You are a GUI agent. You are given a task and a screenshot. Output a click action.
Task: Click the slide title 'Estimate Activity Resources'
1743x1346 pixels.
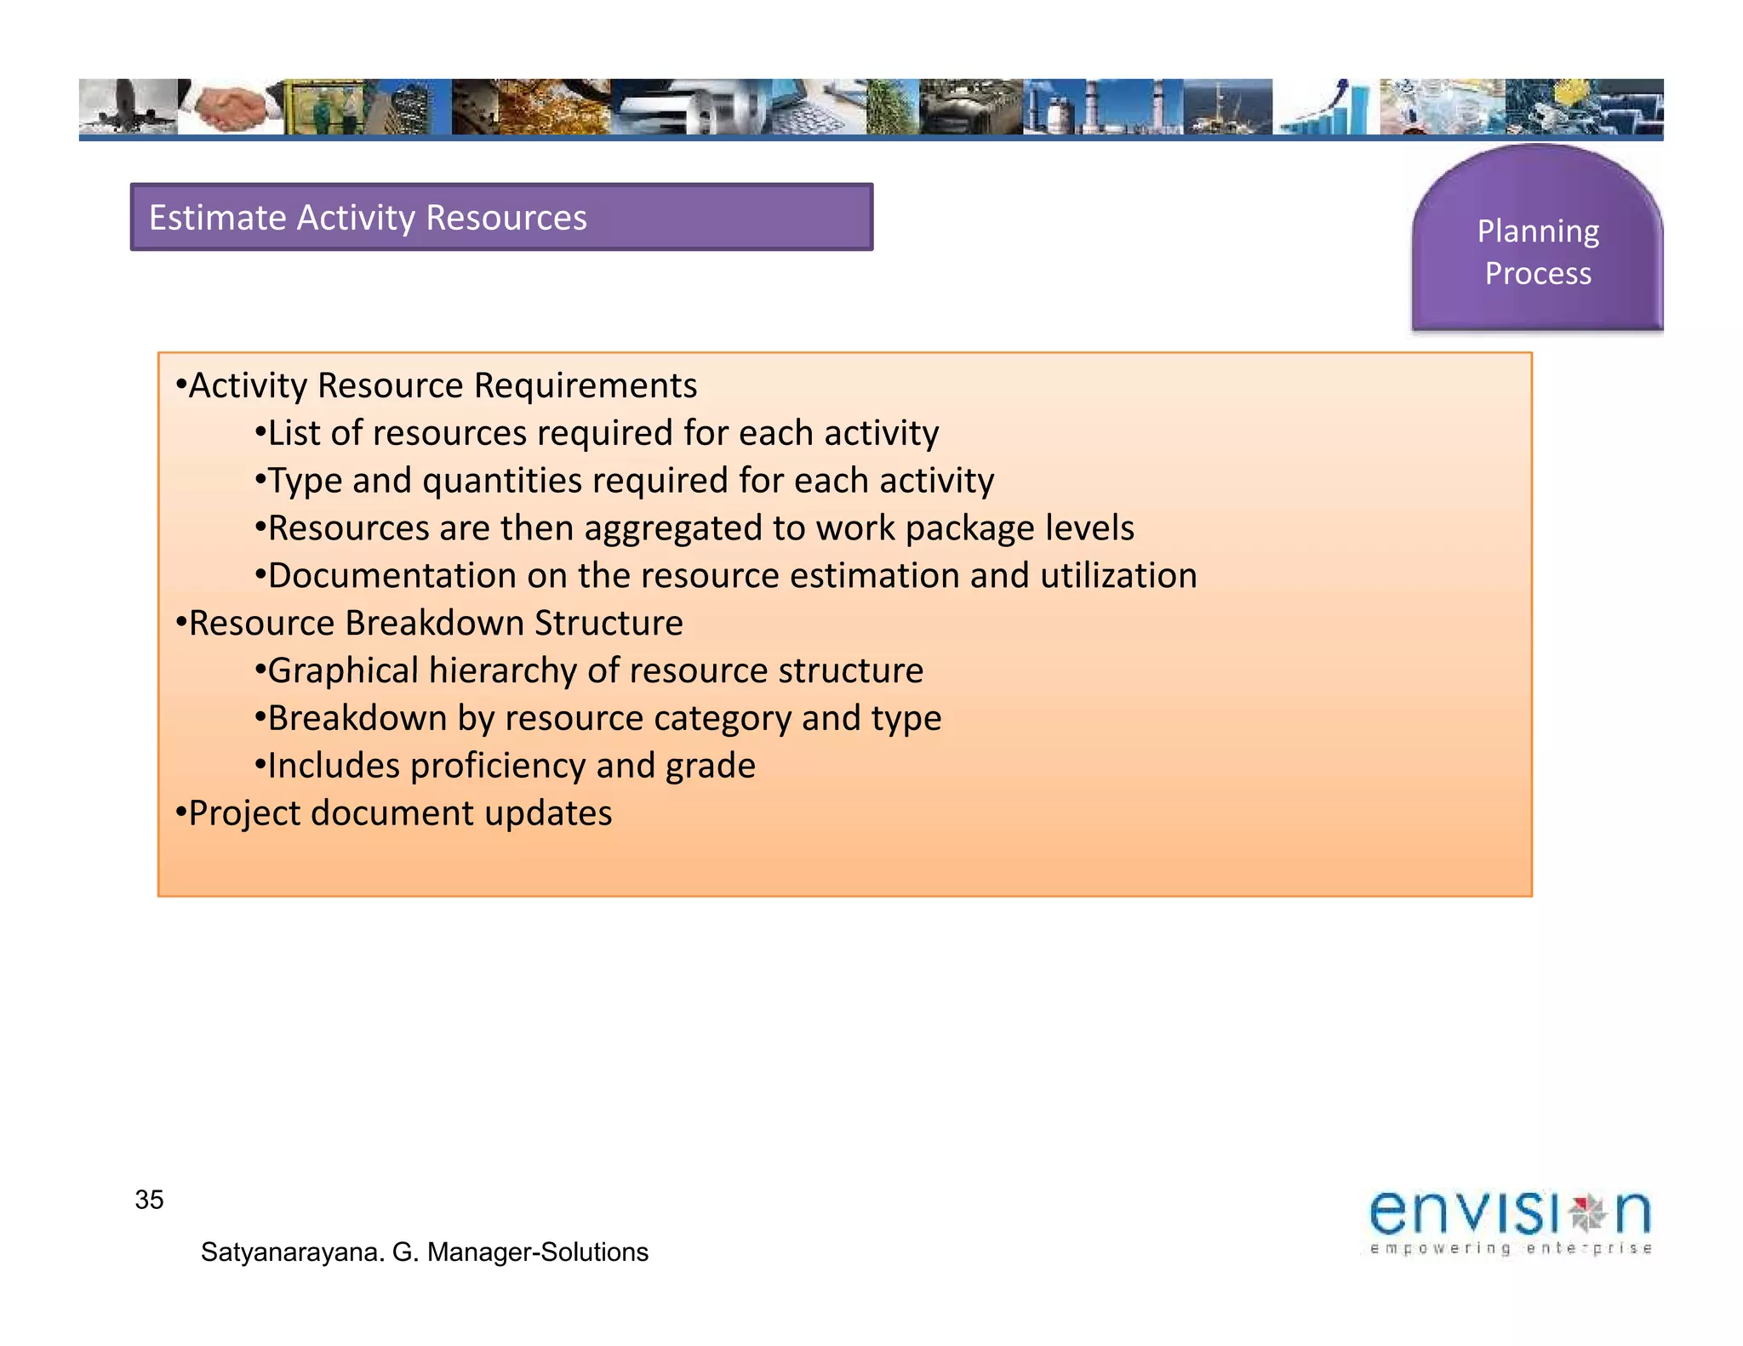pos(368,218)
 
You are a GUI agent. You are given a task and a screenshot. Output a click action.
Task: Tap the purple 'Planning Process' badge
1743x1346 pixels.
pos(1537,251)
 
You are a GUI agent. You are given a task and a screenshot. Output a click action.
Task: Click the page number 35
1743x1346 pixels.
pos(149,1200)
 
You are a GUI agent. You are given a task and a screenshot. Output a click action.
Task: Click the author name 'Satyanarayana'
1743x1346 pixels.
pos(292,1252)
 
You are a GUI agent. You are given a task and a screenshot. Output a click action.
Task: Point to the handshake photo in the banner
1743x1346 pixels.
pos(231,107)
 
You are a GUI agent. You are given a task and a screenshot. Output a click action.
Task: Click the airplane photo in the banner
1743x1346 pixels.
pos(128,107)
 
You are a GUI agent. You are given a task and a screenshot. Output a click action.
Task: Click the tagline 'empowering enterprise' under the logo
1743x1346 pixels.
pos(1510,1249)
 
